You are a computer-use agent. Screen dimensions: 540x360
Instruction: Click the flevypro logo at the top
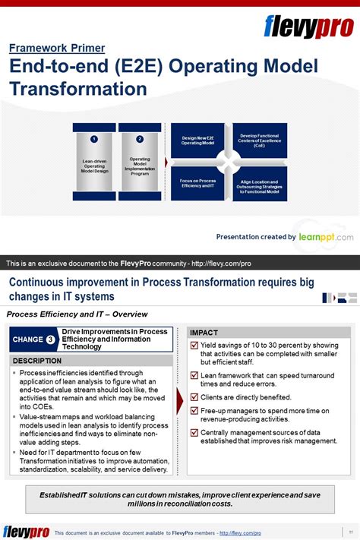(308, 27)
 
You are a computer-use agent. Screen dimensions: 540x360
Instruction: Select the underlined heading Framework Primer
(57, 48)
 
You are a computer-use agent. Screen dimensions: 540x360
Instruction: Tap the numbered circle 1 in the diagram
(94, 139)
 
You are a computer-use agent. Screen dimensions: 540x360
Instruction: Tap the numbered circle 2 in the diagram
(140, 139)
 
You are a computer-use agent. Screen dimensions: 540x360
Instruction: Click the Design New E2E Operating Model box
(197, 141)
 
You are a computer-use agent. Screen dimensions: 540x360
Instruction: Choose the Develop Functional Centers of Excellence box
(260, 141)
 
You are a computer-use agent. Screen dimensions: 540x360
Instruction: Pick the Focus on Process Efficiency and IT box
(197, 183)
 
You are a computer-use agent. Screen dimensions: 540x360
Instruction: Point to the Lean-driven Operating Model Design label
(95, 166)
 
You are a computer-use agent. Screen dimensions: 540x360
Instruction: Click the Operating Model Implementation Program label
(141, 166)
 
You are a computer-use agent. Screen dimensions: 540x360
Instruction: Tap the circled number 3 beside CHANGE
(50, 339)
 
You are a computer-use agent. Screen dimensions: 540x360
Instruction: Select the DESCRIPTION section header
(38, 360)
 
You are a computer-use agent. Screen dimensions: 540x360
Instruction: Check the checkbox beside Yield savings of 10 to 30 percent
(194, 346)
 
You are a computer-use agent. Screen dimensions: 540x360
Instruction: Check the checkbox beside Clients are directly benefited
(194, 396)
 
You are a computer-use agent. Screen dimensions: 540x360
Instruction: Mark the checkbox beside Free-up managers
(194, 411)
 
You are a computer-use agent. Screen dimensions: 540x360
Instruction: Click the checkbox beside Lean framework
(194, 376)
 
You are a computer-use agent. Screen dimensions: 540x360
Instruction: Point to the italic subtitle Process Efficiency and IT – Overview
(77, 314)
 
